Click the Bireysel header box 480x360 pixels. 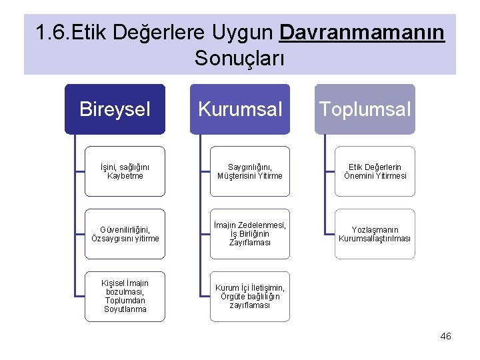115,109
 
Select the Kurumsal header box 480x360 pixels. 239,109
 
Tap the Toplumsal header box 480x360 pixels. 365,109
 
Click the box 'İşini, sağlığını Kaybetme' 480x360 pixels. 125,171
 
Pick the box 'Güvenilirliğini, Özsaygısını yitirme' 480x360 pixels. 125,234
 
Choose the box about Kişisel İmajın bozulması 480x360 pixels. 125,296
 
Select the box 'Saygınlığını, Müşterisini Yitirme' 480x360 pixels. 249,171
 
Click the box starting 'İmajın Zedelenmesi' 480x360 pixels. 249,234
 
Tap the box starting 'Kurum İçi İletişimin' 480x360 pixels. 249,296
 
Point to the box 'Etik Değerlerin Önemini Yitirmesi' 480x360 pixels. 375,171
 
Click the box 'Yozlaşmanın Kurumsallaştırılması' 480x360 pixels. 375,234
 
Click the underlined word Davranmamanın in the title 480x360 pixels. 362,32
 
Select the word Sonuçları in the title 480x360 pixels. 239,58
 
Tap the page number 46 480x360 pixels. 445,336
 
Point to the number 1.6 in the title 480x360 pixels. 51,32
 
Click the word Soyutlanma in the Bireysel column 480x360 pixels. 125,309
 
